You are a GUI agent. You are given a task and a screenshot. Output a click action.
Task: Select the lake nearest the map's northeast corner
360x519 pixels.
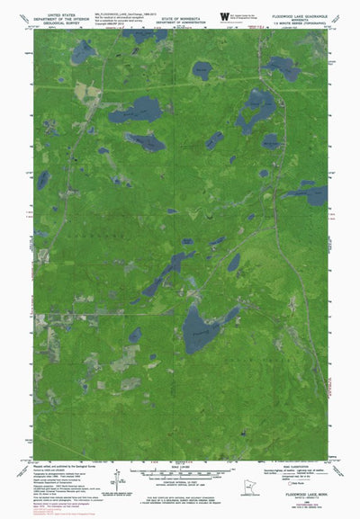281,66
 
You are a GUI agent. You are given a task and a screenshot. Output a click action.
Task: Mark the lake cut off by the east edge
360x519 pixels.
315,195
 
